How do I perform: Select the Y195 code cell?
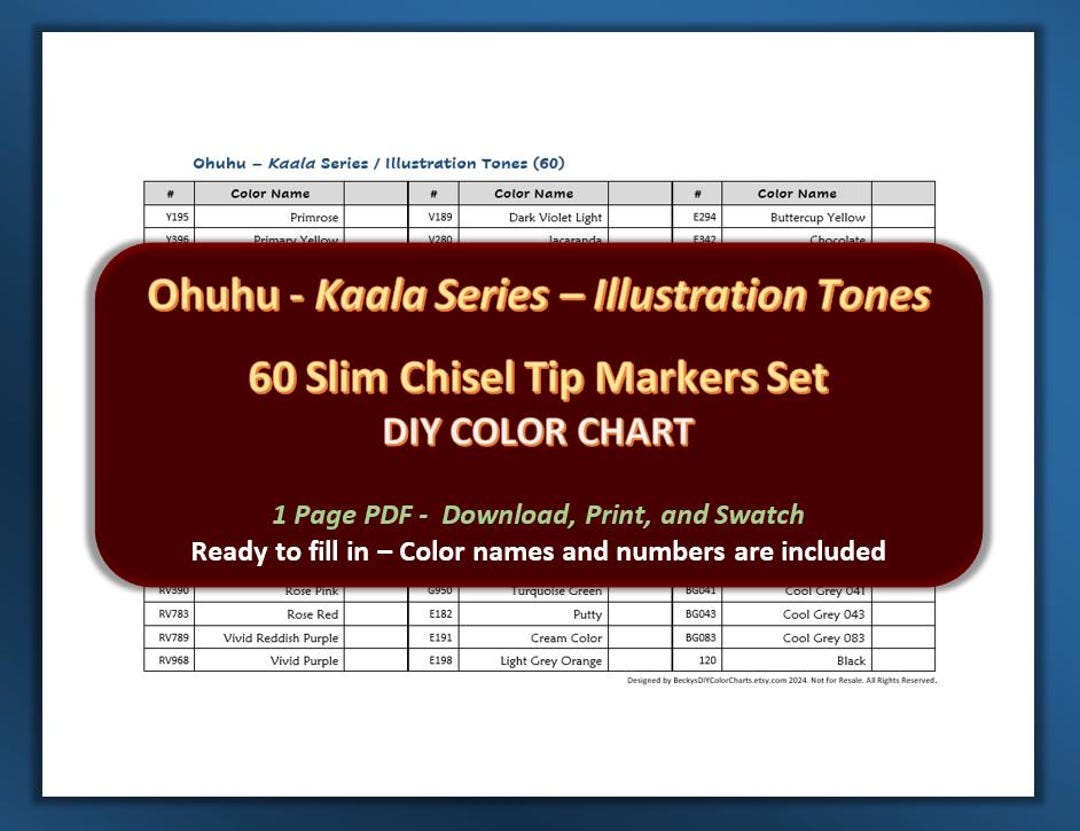click(169, 217)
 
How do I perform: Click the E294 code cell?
click(697, 217)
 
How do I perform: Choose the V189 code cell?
click(433, 217)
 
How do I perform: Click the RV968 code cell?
click(169, 661)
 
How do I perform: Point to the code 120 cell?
click(697, 661)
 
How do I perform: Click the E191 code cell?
click(433, 638)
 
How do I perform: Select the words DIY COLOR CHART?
click(539, 432)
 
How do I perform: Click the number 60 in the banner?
click(270, 379)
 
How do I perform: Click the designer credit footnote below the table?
click(781, 680)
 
